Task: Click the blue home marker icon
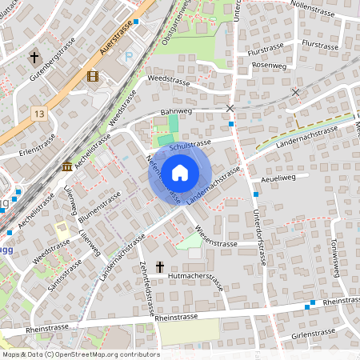[x=180, y=172]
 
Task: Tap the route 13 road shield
[x=39, y=115]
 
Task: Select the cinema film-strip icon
[x=93, y=77]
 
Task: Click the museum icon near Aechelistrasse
[x=66, y=166]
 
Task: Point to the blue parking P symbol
[x=130, y=57]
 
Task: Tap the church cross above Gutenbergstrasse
[x=34, y=58]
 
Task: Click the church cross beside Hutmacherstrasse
[x=159, y=266]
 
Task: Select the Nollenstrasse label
[x=311, y=5]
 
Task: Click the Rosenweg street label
[x=268, y=65]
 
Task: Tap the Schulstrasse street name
[x=190, y=142]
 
